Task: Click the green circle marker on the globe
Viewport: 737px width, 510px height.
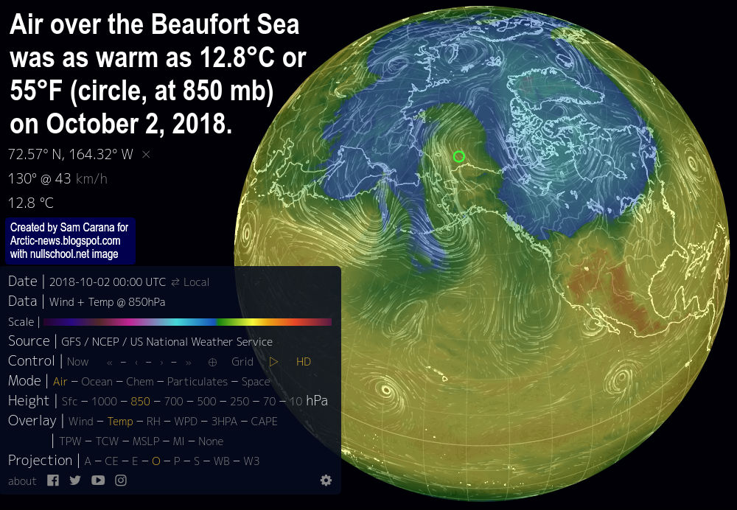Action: coord(459,156)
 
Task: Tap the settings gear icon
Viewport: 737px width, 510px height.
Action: coord(326,481)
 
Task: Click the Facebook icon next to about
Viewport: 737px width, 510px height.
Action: coord(53,481)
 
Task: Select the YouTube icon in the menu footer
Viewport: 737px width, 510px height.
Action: coord(98,481)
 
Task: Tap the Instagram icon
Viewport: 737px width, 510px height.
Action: coord(120,481)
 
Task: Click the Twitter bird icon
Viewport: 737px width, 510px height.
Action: coord(75,481)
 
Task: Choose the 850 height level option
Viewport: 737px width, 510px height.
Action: coord(140,402)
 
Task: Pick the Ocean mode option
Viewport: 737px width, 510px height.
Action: coord(97,382)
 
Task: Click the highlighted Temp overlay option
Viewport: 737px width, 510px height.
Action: coord(120,422)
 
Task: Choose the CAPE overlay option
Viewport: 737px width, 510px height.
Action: coord(264,422)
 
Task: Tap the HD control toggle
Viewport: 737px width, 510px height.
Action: coord(304,362)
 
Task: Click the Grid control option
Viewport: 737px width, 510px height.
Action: coord(242,362)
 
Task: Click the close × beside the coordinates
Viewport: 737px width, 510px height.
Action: coord(146,154)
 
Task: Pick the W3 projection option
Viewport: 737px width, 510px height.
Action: coord(251,461)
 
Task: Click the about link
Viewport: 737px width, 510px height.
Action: coord(22,481)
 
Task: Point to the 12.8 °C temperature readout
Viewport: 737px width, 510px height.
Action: coord(31,203)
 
